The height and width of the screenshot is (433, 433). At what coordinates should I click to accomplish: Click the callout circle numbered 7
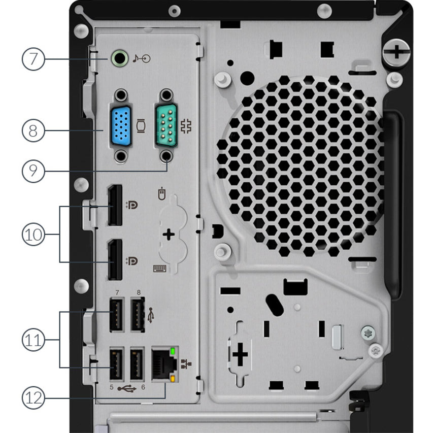(x=33, y=59)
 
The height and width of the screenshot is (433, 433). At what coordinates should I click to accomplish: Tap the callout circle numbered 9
(x=33, y=171)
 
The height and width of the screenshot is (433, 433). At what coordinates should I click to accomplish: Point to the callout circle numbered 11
(x=33, y=339)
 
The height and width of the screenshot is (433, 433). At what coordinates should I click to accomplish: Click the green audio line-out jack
(x=118, y=58)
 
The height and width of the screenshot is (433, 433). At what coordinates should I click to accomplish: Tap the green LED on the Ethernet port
(x=173, y=351)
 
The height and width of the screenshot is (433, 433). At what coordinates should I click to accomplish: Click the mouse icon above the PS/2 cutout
(x=162, y=194)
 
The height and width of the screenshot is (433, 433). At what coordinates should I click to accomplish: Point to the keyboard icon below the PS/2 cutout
(x=159, y=268)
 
